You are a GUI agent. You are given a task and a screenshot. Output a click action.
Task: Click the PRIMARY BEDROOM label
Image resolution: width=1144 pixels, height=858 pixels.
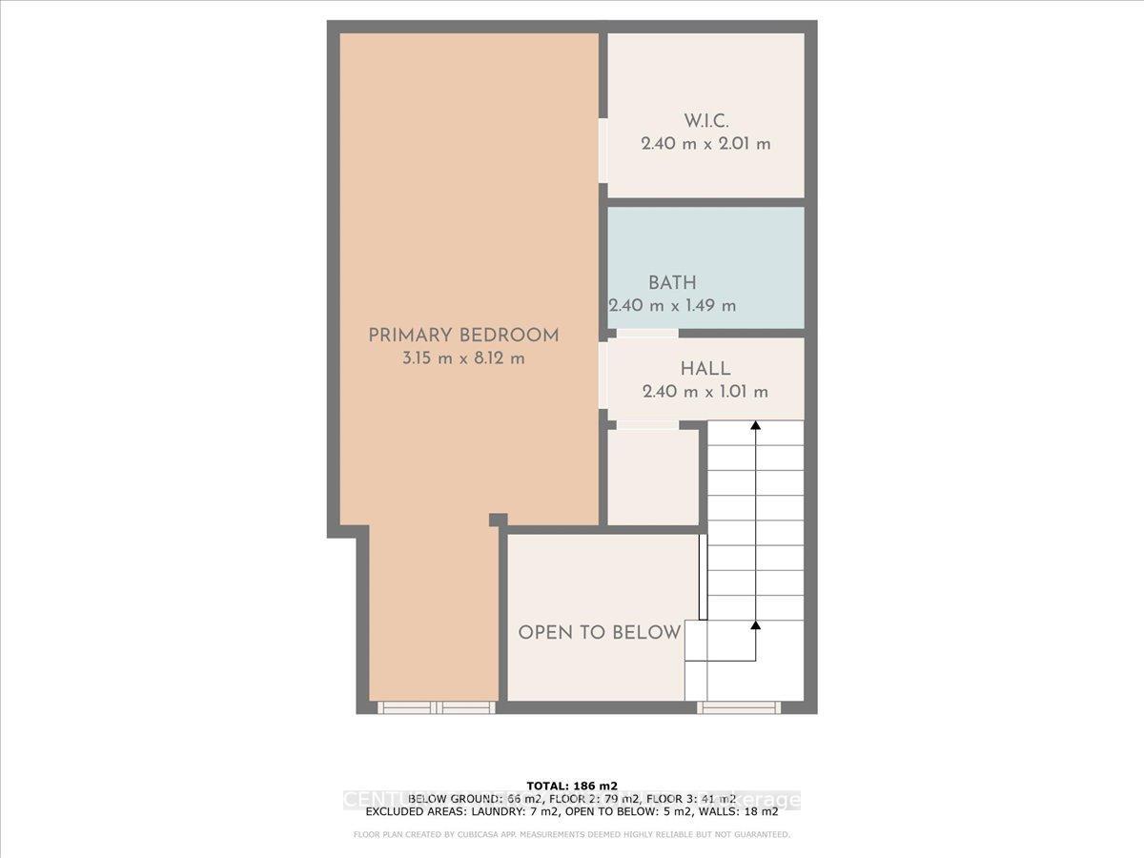[x=463, y=335]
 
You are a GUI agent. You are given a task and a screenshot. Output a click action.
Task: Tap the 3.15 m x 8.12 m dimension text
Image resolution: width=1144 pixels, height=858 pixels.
[x=463, y=358]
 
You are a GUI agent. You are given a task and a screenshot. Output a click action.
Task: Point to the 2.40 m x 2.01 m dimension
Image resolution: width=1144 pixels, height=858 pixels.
[x=705, y=144]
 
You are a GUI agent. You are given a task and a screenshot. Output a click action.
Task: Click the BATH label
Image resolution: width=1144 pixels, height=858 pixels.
[x=672, y=282]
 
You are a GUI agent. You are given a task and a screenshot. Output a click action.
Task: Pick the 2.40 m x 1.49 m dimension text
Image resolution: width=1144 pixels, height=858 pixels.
[x=673, y=306]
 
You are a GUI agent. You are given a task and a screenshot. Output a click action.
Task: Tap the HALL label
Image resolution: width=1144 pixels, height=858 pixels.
[x=705, y=368]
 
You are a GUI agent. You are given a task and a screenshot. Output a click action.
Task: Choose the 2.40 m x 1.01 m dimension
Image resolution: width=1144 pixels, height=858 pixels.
[x=705, y=392]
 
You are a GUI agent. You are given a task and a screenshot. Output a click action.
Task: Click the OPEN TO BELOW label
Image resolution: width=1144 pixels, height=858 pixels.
[x=599, y=632]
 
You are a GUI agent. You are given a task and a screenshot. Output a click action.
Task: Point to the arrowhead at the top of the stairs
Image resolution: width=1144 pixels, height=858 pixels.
[x=756, y=426]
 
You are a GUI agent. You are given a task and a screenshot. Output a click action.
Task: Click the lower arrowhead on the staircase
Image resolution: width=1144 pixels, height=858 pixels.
[x=756, y=625]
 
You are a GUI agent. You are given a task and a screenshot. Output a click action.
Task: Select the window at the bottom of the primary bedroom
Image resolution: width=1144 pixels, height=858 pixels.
[x=437, y=707]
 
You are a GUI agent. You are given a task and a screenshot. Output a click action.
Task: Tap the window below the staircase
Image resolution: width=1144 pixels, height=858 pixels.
[x=739, y=707]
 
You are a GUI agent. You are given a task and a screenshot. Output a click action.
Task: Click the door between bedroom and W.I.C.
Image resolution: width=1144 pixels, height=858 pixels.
[x=603, y=150]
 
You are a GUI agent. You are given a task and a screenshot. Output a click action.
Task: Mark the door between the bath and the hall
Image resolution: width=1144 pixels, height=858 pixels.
[x=646, y=334]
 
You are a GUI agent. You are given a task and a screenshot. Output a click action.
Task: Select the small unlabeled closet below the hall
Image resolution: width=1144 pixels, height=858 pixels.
[x=653, y=477]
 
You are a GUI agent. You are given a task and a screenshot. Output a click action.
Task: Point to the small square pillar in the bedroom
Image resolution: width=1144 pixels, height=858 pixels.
[x=498, y=520]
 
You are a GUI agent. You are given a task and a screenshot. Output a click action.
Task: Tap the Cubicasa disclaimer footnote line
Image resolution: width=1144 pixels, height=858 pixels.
[x=572, y=835]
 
